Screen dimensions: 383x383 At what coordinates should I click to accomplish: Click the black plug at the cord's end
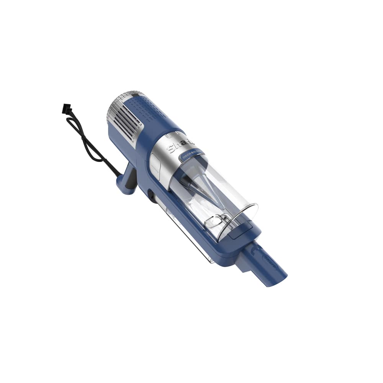[66, 110]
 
